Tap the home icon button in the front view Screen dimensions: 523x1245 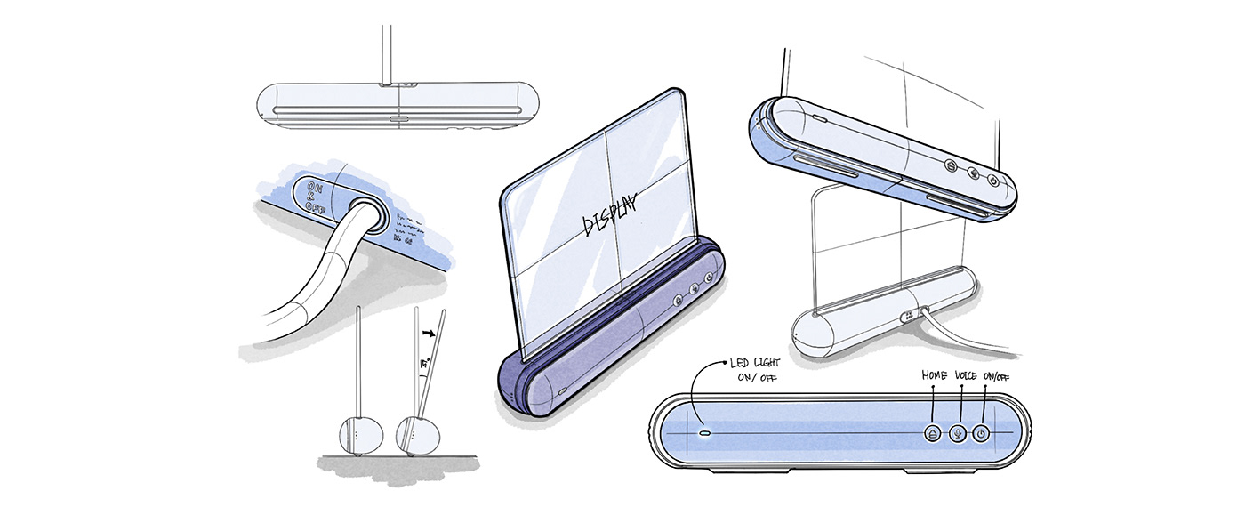click(932, 434)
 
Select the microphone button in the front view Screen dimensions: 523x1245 click(957, 434)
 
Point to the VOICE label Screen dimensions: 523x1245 click(964, 376)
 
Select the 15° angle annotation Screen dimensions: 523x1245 click(427, 365)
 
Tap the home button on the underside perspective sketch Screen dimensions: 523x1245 click(950, 165)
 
